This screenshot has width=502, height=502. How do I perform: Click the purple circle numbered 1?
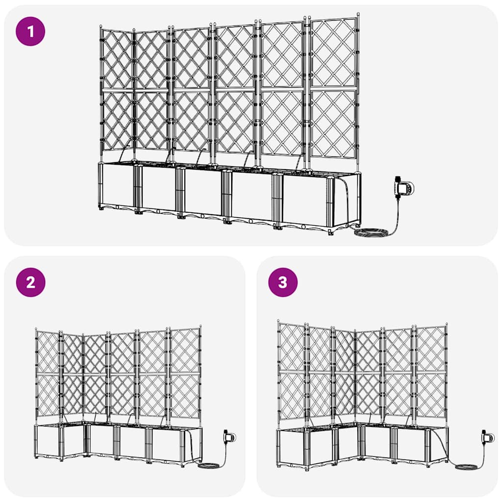click(x=30, y=31)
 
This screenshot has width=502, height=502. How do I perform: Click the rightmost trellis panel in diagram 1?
click(x=334, y=88)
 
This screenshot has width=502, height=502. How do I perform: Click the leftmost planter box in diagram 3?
click(x=292, y=447)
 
